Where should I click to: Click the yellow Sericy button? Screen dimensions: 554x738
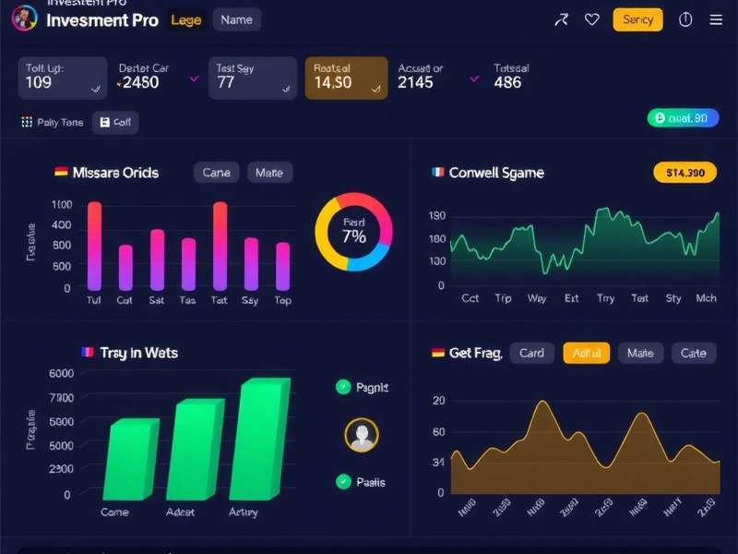coord(637,19)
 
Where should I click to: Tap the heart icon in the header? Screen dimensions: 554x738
coord(592,19)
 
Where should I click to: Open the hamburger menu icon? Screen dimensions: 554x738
coord(716,19)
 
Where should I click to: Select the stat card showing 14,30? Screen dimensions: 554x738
coord(346,78)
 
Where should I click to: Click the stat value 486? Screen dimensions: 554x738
coord(507,82)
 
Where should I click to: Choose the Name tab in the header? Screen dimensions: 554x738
coord(236,19)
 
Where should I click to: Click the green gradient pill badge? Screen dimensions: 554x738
coord(683,118)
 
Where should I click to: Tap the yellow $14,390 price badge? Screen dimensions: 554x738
coord(684,173)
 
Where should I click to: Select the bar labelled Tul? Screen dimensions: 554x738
coord(94,246)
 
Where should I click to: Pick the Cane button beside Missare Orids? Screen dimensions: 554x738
coord(217,173)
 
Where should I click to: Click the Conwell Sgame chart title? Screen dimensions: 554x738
coord(496,173)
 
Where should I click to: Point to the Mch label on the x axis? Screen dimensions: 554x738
coord(706,298)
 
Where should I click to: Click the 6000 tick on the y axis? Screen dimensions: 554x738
coord(60,373)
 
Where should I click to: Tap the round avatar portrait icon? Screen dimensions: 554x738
coord(361,435)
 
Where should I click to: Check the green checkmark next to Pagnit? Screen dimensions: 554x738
coord(343,388)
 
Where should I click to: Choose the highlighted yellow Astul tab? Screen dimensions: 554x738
coord(587,353)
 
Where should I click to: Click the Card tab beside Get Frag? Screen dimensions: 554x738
coord(531,353)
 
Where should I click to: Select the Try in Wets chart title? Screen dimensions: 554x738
coord(138,353)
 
